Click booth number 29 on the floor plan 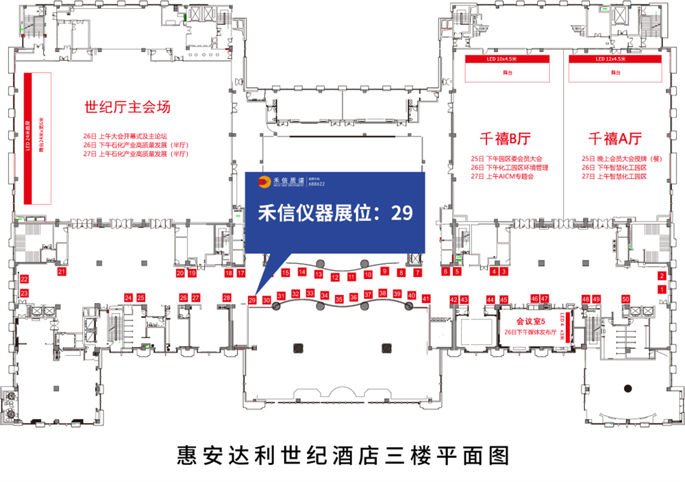coord(252,300)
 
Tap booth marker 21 coord(62,272)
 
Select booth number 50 coord(625,299)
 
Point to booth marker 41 coord(426,299)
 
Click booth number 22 coord(24,279)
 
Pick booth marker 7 coord(417,272)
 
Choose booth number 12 coord(335,278)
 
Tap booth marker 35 coord(339,299)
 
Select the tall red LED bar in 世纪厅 coord(29,138)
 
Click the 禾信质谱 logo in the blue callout coord(282,182)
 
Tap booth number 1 coord(661,290)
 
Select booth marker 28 coord(227,298)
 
